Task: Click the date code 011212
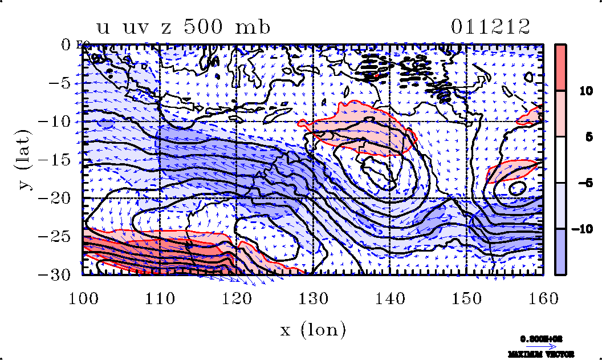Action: [490, 27]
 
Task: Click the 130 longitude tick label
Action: [312, 296]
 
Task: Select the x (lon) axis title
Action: [312, 329]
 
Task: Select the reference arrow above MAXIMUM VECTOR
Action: [540, 345]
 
